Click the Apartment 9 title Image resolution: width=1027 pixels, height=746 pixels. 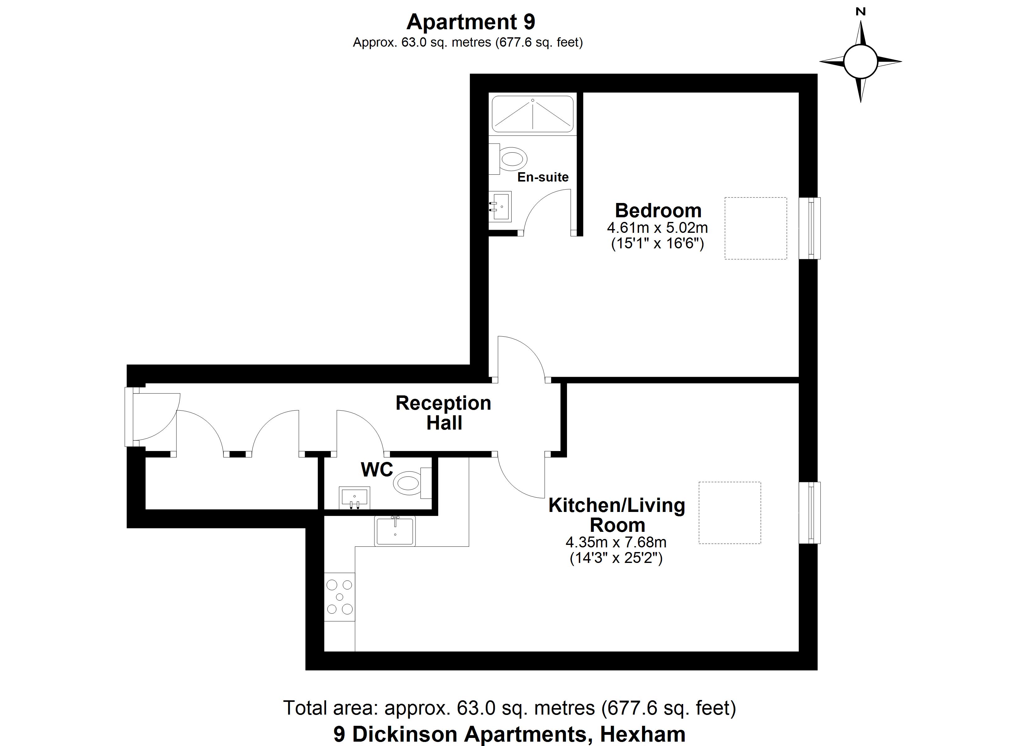point(471,22)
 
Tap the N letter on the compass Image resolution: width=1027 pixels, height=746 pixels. point(861,12)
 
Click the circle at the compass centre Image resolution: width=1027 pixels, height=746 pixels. point(861,62)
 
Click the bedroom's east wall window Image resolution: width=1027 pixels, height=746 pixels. point(810,228)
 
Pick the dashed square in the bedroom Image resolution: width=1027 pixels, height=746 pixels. point(755,228)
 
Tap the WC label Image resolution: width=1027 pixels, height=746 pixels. point(377,470)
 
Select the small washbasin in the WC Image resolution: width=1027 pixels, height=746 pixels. point(354,498)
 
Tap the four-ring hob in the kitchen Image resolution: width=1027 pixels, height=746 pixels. point(340,597)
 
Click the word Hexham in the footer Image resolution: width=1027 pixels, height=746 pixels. point(643,734)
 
